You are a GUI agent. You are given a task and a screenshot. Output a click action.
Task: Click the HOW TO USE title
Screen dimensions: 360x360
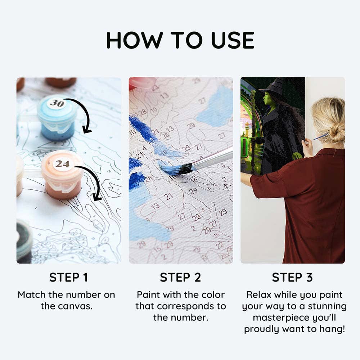tap(180, 40)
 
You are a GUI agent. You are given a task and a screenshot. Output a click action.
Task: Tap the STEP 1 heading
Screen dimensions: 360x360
tap(68, 278)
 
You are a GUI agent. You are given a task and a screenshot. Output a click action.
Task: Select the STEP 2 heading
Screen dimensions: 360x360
tap(180, 278)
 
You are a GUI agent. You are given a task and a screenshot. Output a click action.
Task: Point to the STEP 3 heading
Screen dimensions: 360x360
tap(292, 278)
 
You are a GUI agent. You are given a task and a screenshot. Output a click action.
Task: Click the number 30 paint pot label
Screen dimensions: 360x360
tap(57, 104)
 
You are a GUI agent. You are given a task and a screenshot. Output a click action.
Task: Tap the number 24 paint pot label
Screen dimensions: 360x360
tap(62, 164)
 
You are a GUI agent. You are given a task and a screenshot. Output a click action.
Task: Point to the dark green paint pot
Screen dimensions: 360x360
tap(24, 239)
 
